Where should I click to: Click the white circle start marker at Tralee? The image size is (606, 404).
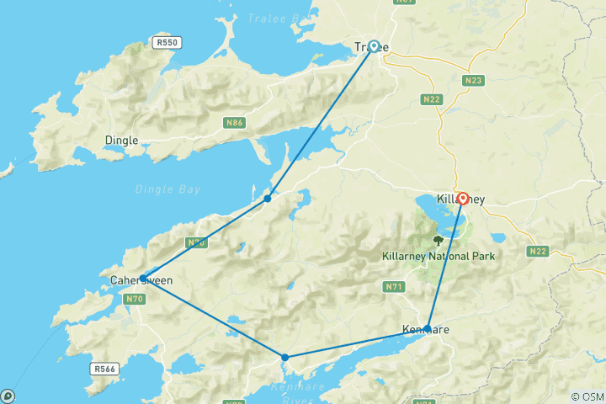click(x=374, y=46)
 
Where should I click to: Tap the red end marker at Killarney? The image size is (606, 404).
click(x=462, y=199)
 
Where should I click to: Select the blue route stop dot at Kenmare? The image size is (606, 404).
click(x=428, y=328)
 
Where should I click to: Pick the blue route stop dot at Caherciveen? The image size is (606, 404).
click(x=144, y=279)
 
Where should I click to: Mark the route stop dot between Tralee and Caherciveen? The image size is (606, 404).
click(x=268, y=199)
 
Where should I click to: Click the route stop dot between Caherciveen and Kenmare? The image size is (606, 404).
click(x=285, y=358)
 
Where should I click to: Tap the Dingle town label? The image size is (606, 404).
click(x=121, y=141)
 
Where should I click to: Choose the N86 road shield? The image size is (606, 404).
click(x=235, y=123)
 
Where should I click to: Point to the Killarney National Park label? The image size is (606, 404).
click(x=438, y=256)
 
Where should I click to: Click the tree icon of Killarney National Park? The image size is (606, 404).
click(x=437, y=240)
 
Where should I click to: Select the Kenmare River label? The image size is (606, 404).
click(x=296, y=391)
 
